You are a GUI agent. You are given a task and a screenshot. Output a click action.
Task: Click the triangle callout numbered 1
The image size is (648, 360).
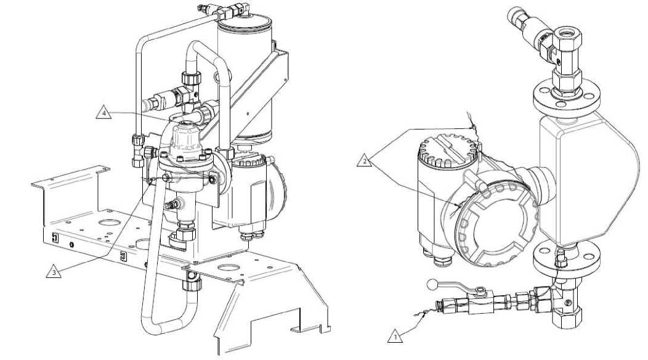pyautogui.click(x=395, y=337)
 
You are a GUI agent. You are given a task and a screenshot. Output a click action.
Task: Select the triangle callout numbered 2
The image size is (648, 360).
pyautogui.click(x=364, y=160)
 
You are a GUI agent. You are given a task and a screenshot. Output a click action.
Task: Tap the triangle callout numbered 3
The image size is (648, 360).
pyautogui.click(x=54, y=272)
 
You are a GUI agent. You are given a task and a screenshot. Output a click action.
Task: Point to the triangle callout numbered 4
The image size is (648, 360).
pyautogui.click(x=103, y=113)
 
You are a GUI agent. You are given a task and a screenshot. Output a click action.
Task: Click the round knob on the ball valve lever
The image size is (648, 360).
pyautogui.click(x=431, y=284)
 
